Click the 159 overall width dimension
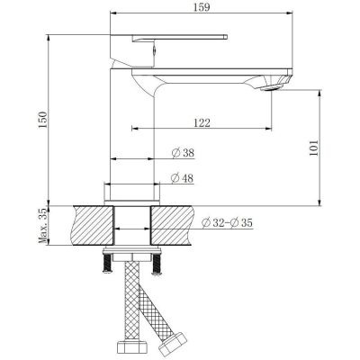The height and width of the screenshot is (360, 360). click(202, 7)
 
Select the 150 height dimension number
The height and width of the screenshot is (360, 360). click(43, 120)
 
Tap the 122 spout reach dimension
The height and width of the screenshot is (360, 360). click(202, 122)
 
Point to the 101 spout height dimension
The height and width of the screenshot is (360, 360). click(313, 148)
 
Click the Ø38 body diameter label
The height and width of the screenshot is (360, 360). click(183, 153)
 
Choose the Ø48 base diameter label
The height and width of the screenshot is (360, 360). click(182, 178)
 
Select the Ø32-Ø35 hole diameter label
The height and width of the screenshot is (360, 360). click(227, 223)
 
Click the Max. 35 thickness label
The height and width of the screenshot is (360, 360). click(43, 226)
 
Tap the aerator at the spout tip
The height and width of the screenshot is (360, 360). click(272, 87)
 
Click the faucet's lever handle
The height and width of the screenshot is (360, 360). click(179, 38)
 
